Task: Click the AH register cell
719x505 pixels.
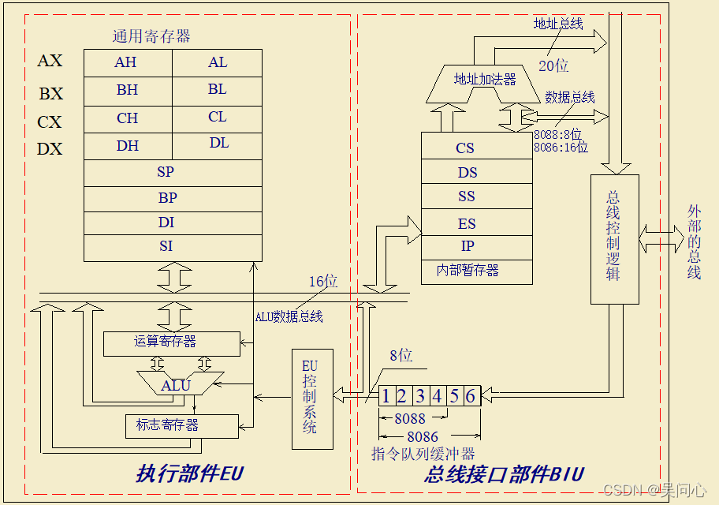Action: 127,63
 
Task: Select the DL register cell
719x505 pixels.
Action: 218,144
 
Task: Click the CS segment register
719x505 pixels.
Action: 465,148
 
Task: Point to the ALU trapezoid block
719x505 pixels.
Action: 176,385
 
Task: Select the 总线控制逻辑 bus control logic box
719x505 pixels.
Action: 614,239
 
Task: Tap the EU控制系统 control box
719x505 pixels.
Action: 311,398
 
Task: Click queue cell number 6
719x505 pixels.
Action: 471,396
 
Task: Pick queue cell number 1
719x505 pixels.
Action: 386,396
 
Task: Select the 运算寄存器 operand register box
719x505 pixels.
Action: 172,343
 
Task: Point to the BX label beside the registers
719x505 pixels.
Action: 50,94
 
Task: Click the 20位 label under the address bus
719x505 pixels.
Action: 553,66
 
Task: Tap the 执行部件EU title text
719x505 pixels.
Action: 190,474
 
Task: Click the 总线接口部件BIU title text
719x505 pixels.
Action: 504,474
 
